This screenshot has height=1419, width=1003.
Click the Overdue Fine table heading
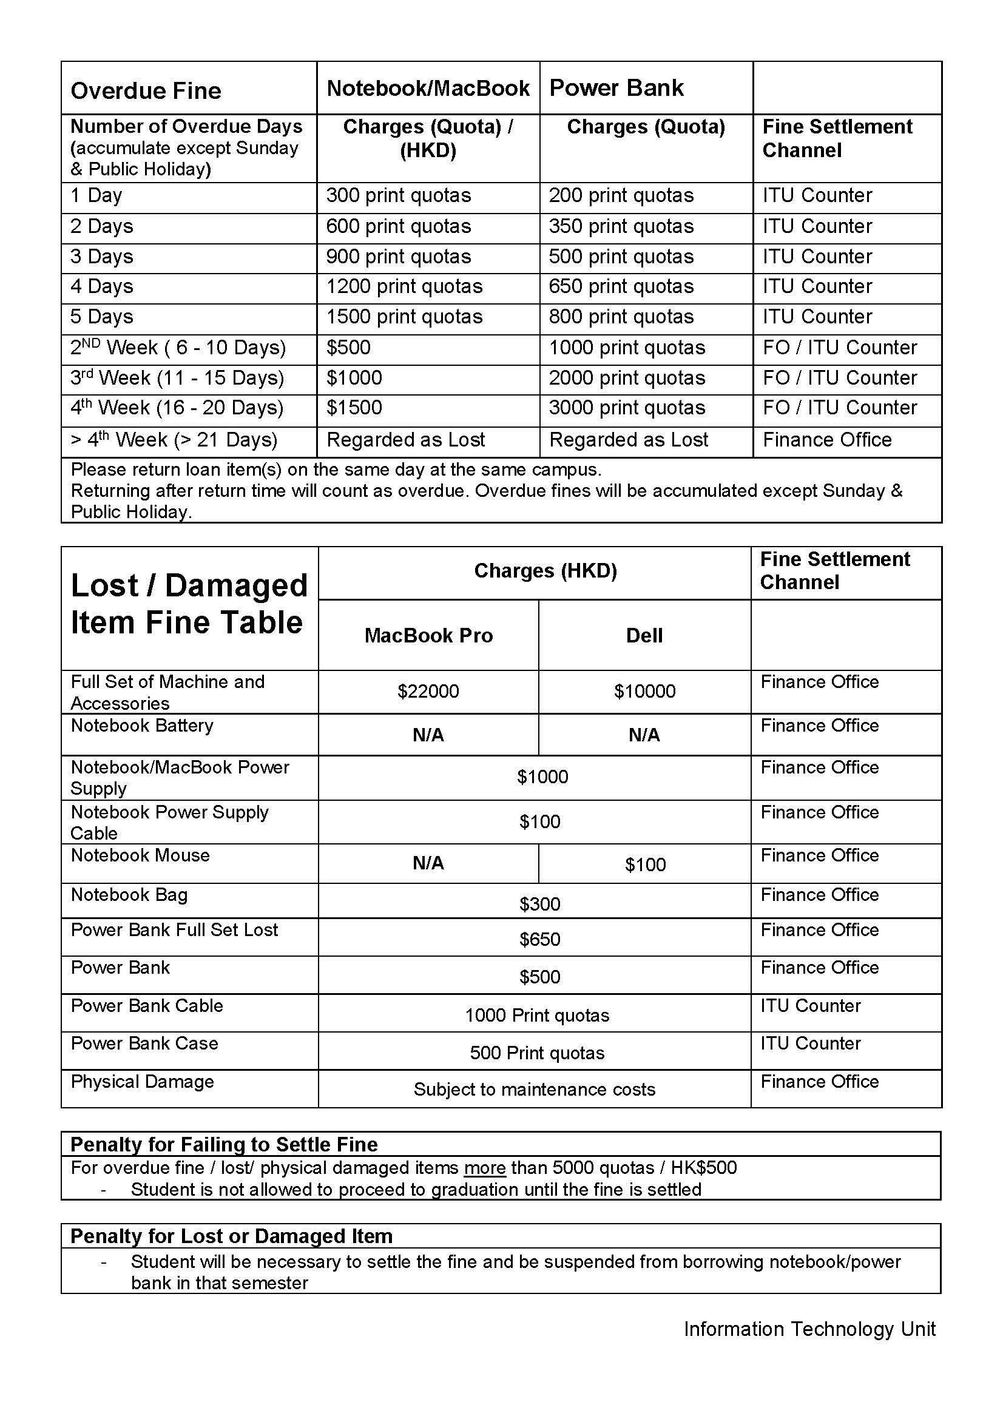pos(146,91)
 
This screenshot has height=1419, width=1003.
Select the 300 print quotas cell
pos(399,195)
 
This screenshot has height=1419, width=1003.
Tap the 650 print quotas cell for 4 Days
pos(621,286)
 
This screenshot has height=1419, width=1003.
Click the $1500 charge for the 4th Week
pos(354,407)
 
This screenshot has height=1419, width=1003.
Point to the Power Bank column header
pos(616,88)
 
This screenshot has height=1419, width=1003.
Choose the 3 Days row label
pos(102,257)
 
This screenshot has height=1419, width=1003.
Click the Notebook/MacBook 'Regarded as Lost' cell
pos(405,439)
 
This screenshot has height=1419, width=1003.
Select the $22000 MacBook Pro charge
pos(428,691)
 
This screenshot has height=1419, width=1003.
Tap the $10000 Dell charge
pos(644,691)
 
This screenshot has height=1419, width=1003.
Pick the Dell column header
pos(644,635)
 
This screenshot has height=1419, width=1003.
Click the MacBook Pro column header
pos(428,635)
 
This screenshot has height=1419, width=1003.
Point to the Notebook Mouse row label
pos(140,855)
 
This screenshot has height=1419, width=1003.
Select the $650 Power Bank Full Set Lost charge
pos(539,939)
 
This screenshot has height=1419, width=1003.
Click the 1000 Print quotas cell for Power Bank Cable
pos(537,1016)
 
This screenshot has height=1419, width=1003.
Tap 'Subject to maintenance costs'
pos(535,1089)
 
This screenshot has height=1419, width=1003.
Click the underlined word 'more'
pos(485,1167)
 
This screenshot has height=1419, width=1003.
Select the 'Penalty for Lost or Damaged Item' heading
pos(232,1235)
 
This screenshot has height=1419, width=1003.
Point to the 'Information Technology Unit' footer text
pos(809,1329)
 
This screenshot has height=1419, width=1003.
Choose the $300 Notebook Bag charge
pos(539,904)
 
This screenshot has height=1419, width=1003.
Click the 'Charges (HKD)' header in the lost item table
pos(545,570)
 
